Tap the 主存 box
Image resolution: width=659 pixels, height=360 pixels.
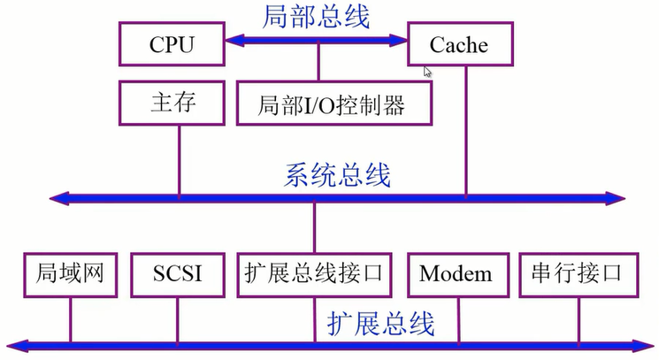point(171,103)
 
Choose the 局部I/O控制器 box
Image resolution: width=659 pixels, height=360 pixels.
point(332,104)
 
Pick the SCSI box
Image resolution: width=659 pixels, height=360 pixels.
point(178,273)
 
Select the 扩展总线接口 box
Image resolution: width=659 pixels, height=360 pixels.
point(314,273)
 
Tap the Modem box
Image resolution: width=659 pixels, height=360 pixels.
point(456,273)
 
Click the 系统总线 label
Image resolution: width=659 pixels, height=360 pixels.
point(336,174)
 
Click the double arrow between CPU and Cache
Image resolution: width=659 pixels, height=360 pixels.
point(315,40)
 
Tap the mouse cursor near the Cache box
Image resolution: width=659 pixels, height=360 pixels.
point(428,72)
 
